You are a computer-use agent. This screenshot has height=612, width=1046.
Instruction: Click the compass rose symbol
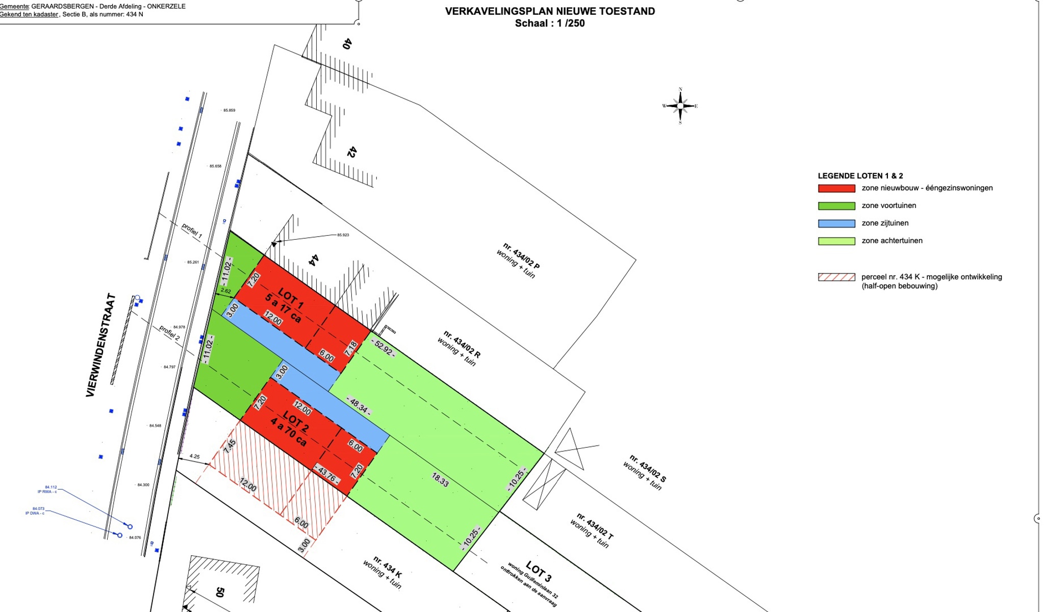(x=680, y=106)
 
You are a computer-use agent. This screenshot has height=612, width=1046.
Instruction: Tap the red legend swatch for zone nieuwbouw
(x=836, y=188)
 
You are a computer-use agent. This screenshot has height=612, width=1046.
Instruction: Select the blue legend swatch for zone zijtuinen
(x=836, y=223)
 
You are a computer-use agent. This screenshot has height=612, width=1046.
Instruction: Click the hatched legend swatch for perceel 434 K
(x=836, y=277)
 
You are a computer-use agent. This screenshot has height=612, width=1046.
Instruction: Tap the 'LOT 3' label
(x=539, y=571)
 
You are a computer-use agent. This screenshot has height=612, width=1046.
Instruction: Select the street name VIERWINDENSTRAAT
(x=100, y=345)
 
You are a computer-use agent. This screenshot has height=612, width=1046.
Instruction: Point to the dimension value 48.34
(x=359, y=405)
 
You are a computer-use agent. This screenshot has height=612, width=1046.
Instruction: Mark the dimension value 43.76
(x=327, y=474)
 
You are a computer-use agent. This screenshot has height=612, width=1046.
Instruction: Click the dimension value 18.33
(x=440, y=479)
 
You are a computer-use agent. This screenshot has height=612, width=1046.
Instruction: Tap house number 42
(x=351, y=151)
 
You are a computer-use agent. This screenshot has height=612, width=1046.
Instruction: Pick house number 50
(x=220, y=592)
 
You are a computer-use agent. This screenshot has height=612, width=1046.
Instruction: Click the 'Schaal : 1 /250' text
(x=549, y=23)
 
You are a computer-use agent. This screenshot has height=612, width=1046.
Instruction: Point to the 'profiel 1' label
(x=192, y=231)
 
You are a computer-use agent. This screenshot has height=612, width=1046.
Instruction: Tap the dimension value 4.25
(x=194, y=456)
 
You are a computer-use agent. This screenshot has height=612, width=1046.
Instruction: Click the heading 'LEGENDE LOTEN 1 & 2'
(x=860, y=176)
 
